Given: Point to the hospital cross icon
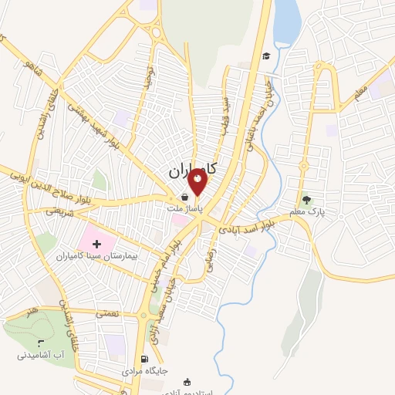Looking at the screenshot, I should coord(107,244).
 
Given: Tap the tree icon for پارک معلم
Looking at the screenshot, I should coord(307,200).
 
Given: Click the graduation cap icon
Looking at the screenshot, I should coord(266,56).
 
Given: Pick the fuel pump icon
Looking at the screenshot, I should coord(144,359).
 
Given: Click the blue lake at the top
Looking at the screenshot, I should coord(287,23).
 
